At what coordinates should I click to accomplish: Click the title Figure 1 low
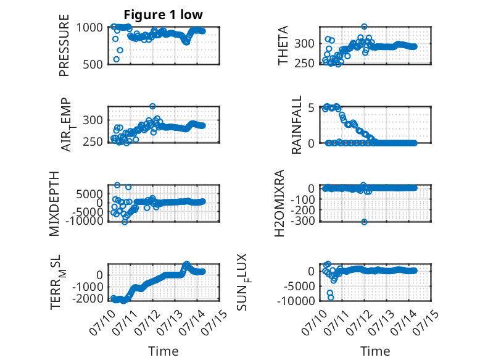163,15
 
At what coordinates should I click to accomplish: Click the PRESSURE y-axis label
64,45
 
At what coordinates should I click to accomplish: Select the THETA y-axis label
283,45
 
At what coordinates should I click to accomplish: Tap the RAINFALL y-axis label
297,125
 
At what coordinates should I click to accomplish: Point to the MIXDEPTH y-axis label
54,204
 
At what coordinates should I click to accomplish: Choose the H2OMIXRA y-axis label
279,203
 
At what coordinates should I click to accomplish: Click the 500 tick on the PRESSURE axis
93,65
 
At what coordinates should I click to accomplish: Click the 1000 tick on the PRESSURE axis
89,28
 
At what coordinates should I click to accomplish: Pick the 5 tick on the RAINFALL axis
312,108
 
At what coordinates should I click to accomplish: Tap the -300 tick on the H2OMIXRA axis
302,220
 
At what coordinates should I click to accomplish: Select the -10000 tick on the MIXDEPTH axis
85,220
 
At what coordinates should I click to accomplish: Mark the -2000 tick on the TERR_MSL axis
88,298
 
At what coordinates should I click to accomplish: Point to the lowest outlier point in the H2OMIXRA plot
364,222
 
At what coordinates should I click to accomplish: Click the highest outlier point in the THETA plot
364,27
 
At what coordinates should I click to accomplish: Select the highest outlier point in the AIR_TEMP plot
152,106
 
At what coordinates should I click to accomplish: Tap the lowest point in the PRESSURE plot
117,59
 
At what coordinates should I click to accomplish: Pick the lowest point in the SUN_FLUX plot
331,298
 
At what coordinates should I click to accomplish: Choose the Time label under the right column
375,351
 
